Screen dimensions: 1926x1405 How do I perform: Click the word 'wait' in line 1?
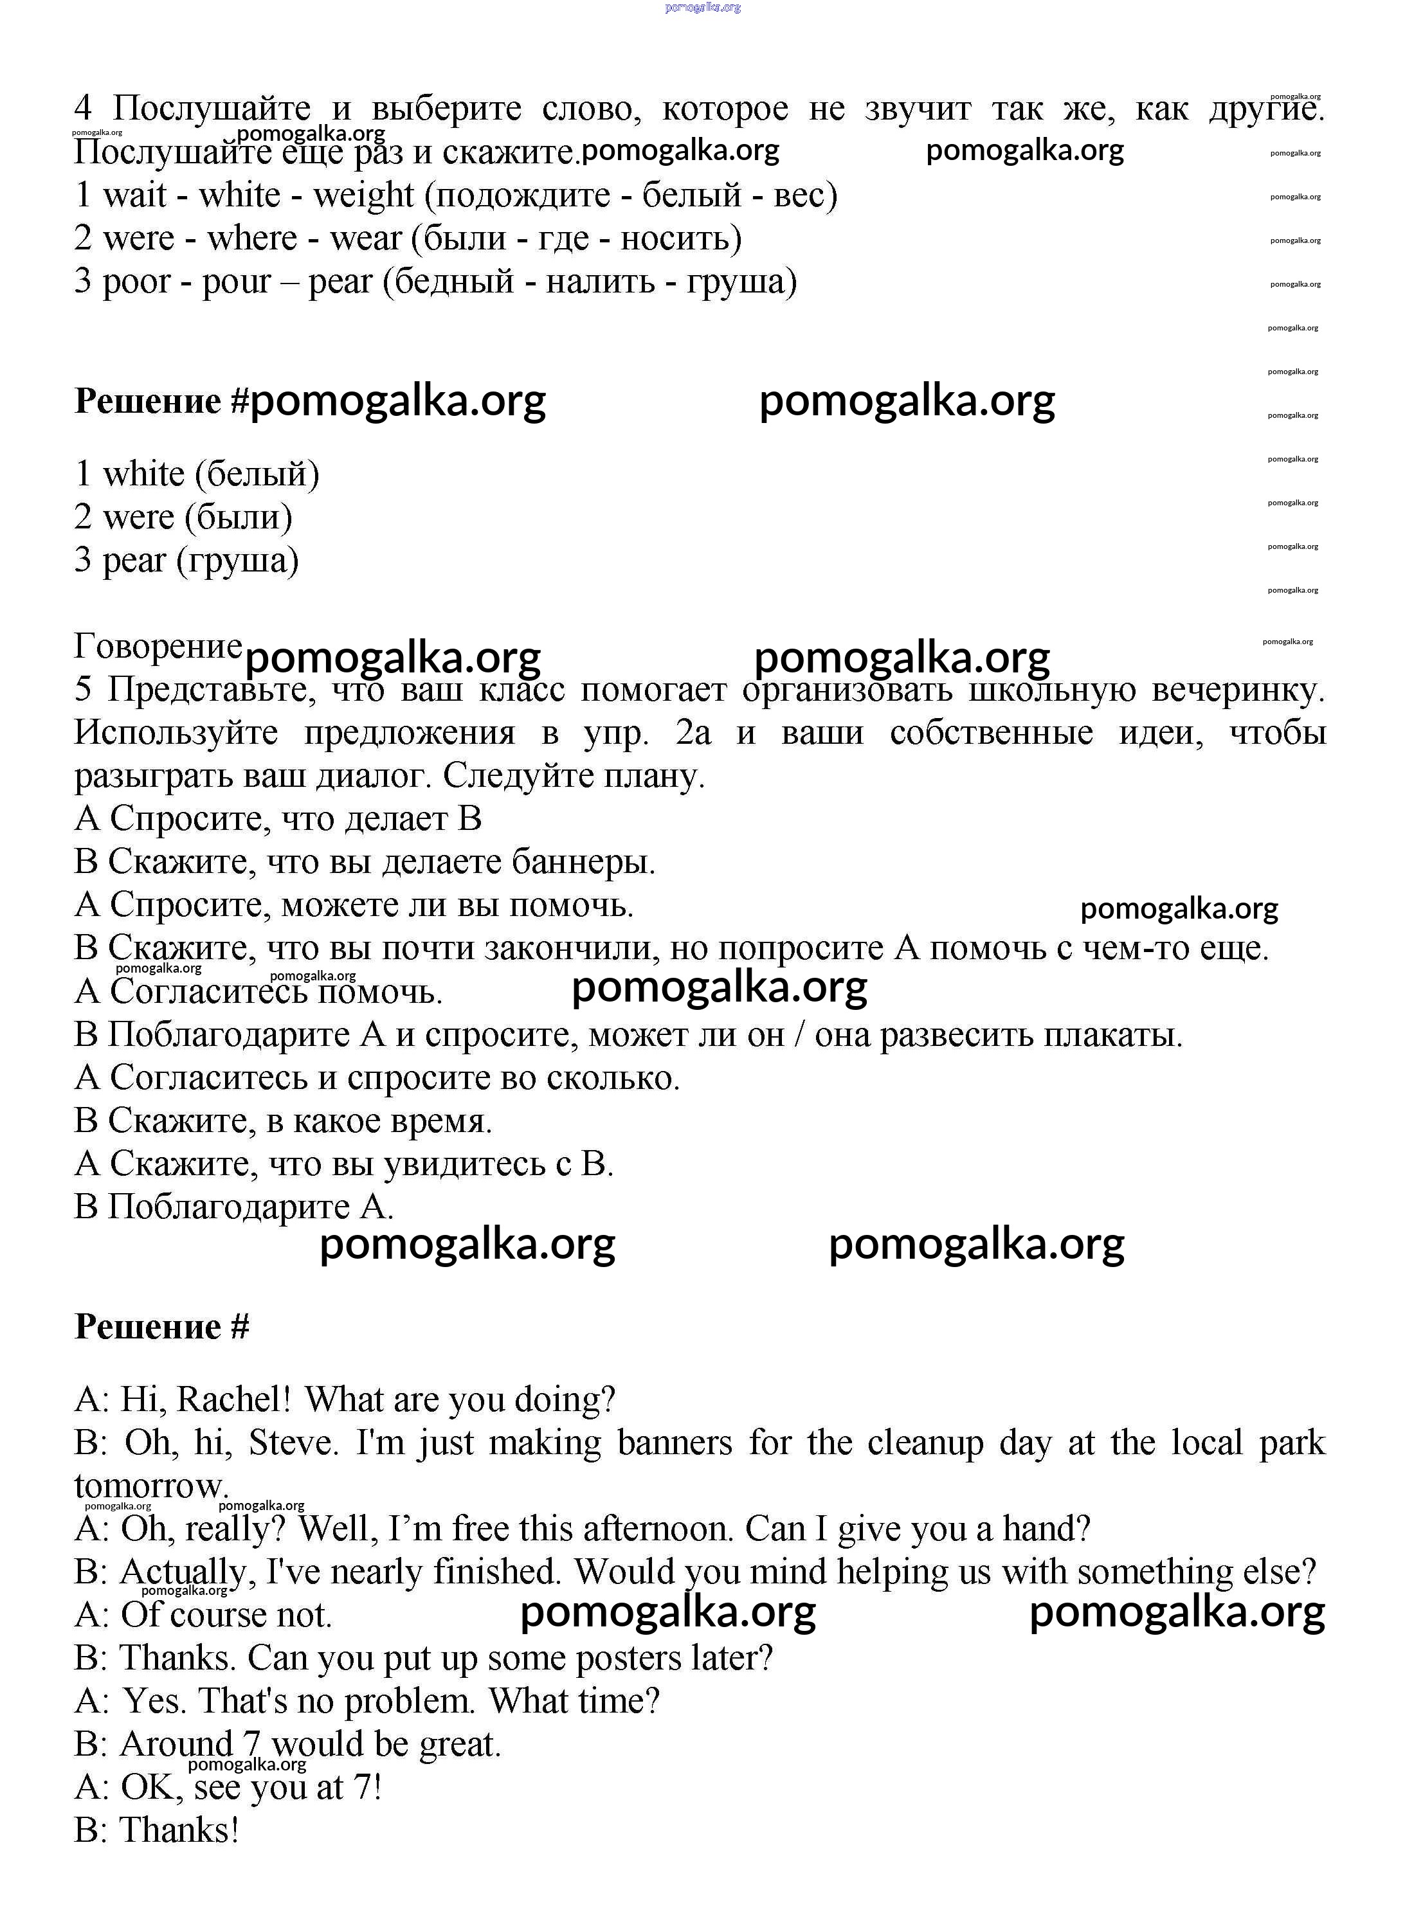coord(134,195)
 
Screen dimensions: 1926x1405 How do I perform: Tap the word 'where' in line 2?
coord(252,239)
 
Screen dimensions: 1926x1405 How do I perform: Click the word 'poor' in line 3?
coord(136,283)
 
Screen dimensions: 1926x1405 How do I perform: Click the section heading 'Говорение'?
coord(158,646)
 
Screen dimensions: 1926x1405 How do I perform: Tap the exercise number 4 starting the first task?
coord(82,109)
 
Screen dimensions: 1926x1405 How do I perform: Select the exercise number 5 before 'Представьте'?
coord(82,688)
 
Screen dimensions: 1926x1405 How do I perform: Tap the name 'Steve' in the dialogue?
coord(293,1443)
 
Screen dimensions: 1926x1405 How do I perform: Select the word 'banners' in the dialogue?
coord(674,1443)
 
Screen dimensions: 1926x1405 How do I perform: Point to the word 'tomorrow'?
coord(150,1486)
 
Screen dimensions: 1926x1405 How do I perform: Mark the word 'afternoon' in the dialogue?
coord(655,1529)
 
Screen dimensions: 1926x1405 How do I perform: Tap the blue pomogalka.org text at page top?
coord(702,7)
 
